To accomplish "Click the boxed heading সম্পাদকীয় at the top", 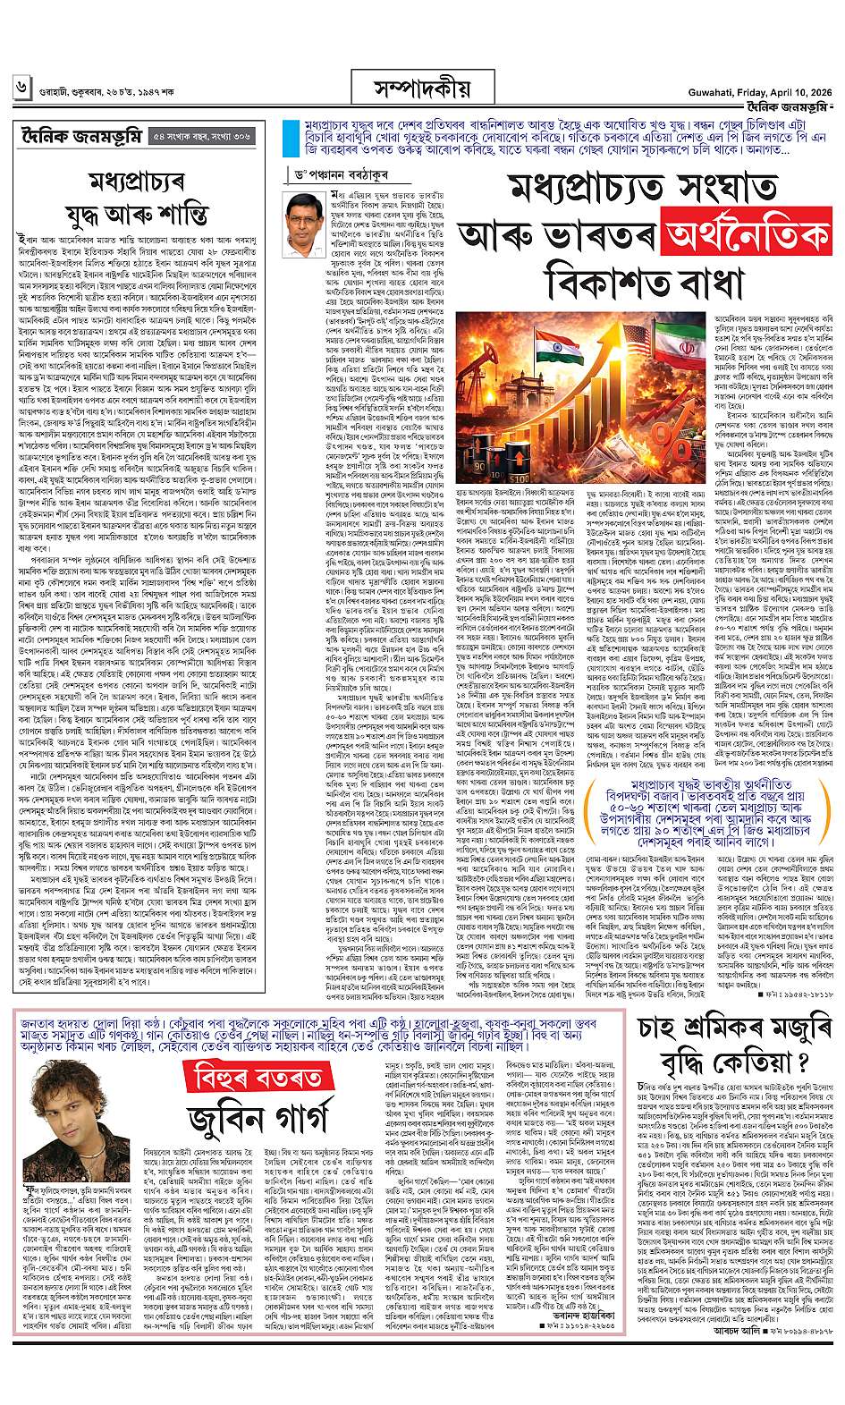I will click(x=422, y=89).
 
